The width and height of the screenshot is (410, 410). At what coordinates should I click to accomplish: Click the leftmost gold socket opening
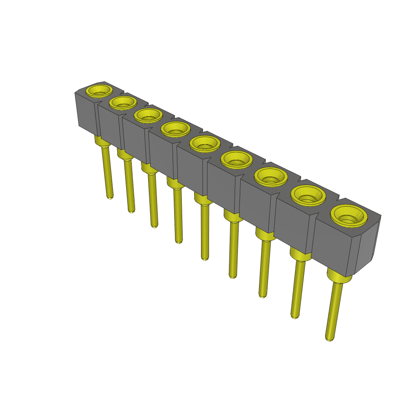(99, 90)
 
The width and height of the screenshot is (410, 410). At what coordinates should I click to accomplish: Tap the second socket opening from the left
(123, 102)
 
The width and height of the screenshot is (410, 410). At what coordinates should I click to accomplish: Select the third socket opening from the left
(148, 115)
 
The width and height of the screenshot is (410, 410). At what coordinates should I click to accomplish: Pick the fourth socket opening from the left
(175, 129)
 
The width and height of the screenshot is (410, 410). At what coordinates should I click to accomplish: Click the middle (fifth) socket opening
(205, 144)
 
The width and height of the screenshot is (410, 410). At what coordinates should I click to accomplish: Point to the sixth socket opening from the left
(236, 160)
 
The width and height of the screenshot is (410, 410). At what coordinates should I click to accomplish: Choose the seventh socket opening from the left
(271, 177)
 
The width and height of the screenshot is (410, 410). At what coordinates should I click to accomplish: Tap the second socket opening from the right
(308, 195)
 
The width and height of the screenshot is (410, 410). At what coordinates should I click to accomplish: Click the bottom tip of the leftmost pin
(110, 197)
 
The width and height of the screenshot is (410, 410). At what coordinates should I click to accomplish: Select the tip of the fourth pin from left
(179, 241)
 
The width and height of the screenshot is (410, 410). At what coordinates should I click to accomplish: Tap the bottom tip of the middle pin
(205, 258)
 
